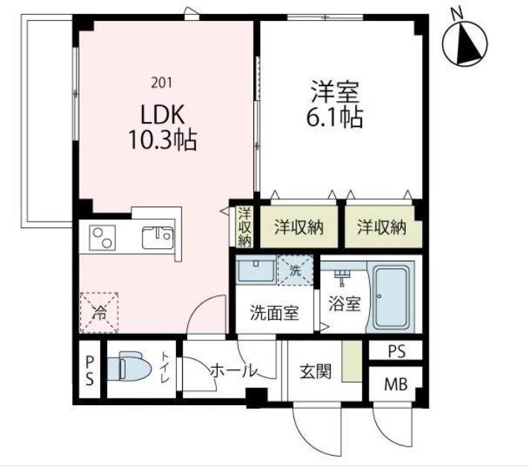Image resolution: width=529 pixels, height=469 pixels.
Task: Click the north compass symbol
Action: [x=464, y=40]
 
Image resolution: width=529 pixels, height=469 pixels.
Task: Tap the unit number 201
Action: [x=162, y=83]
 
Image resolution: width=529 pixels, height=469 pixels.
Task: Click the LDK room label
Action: [x=163, y=114]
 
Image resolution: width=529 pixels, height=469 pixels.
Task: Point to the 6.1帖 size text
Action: [x=334, y=117]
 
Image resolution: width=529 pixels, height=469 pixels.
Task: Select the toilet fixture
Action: [x=129, y=366]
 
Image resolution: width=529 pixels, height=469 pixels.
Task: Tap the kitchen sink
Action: [x=158, y=238]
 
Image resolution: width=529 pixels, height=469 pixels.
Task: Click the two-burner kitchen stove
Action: [x=103, y=238]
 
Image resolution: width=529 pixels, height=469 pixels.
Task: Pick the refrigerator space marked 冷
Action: [x=100, y=312]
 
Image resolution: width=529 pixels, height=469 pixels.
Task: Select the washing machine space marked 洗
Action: [x=295, y=271]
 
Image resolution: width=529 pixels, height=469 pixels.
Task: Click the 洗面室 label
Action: [x=274, y=313]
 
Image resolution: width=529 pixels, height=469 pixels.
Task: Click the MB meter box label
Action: [x=396, y=384]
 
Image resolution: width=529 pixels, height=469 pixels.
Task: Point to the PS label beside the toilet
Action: [x=89, y=371]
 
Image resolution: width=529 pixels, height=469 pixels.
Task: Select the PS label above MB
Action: [x=397, y=352]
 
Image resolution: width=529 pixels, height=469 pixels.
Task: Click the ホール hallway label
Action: [x=233, y=371]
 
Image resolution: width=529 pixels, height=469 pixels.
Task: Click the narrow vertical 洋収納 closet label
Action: [x=244, y=227]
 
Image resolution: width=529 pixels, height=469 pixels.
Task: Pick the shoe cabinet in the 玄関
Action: [x=351, y=361]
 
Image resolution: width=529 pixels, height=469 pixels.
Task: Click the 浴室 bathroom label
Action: [x=345, y=303]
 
